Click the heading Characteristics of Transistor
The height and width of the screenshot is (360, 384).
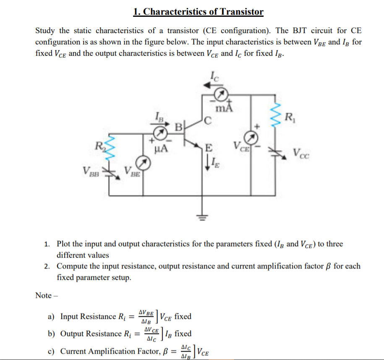pyautogui.click(x=198, y=11)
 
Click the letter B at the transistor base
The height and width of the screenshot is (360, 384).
pyautogui.click(x=178, y=126)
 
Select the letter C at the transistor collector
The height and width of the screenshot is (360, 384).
pyautogui.click(x=208, y=123)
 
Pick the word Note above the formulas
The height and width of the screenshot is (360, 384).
pyautogui.click(x=43, y=295)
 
